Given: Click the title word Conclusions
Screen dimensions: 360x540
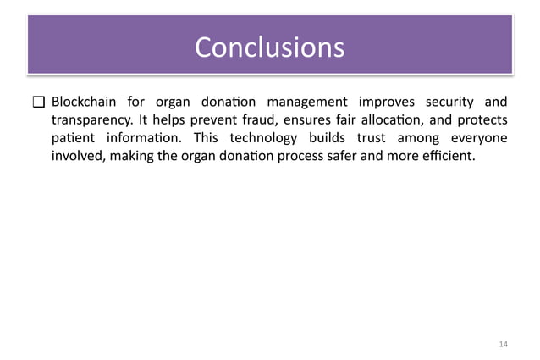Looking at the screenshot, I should [x=269, y=47].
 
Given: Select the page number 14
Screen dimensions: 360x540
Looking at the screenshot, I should [x=504, y=343].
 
